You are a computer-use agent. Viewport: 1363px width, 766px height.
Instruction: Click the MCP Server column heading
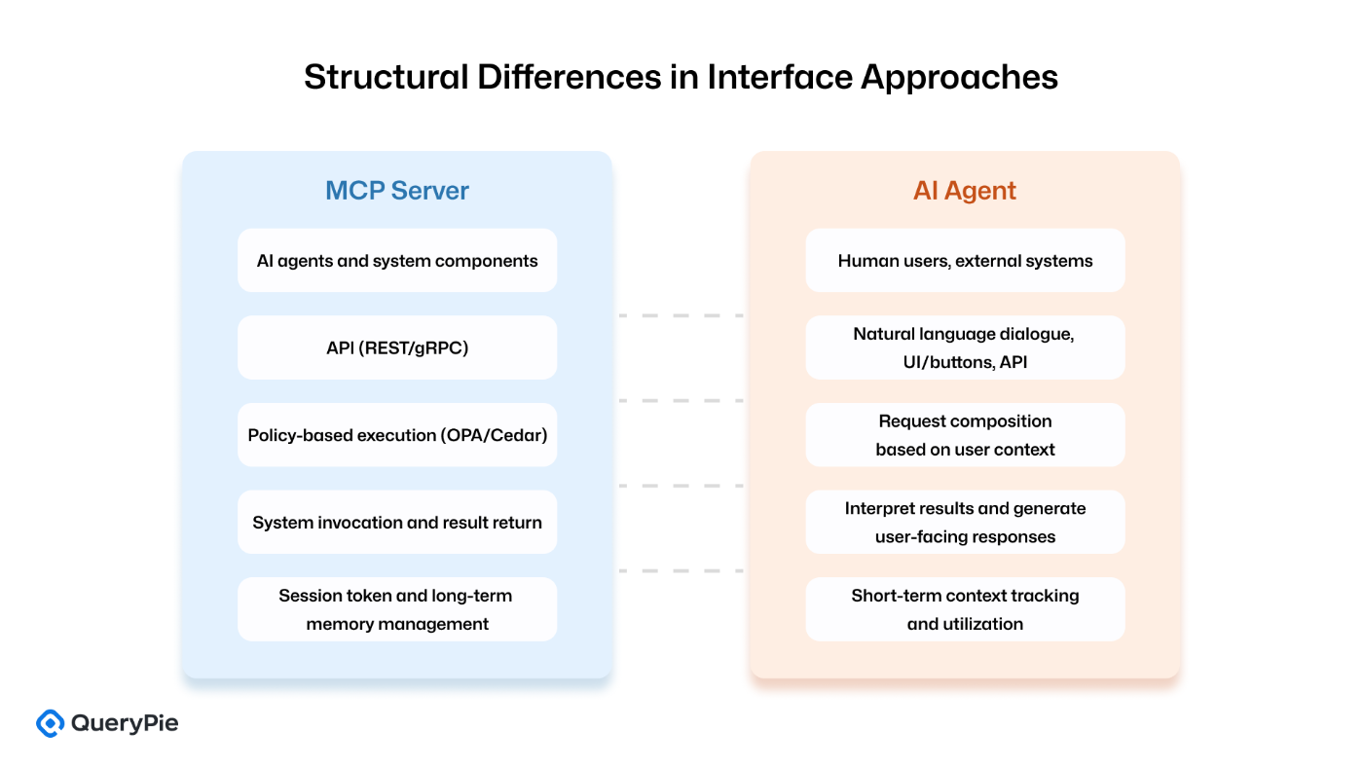(397, 191)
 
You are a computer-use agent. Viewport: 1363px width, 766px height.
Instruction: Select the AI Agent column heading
(965, 191)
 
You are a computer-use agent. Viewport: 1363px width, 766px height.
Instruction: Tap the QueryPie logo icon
(50, 723)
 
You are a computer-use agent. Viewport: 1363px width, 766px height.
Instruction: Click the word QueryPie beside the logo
(125, 723)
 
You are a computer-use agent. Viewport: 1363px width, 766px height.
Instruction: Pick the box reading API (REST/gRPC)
(397, 347)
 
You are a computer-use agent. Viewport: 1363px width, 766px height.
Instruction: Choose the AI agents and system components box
(397, 261)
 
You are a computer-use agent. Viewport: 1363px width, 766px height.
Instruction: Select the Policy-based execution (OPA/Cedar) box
(397, 435)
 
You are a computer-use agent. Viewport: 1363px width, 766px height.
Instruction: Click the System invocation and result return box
(397, 522)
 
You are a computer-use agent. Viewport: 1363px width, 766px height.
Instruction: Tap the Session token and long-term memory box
(397, 609)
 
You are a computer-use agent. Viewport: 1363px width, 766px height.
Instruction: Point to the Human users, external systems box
(965, 261)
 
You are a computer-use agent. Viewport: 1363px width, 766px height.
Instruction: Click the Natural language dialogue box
(965, 347)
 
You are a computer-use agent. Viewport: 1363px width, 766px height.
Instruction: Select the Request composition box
(965, 435)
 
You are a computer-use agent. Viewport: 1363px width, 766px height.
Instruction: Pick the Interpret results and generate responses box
(965, 522)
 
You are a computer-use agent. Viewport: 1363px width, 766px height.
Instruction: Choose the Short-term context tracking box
(965, 609)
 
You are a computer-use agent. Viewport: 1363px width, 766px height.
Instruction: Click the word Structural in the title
(387, 77)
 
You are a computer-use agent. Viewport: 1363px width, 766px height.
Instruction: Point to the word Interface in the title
(780, 77)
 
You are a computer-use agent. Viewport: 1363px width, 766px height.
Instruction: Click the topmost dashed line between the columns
(681, 315)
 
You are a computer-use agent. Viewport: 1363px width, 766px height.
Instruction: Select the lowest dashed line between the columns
(681, 570)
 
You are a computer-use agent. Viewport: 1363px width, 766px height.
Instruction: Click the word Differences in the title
(569, 77)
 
